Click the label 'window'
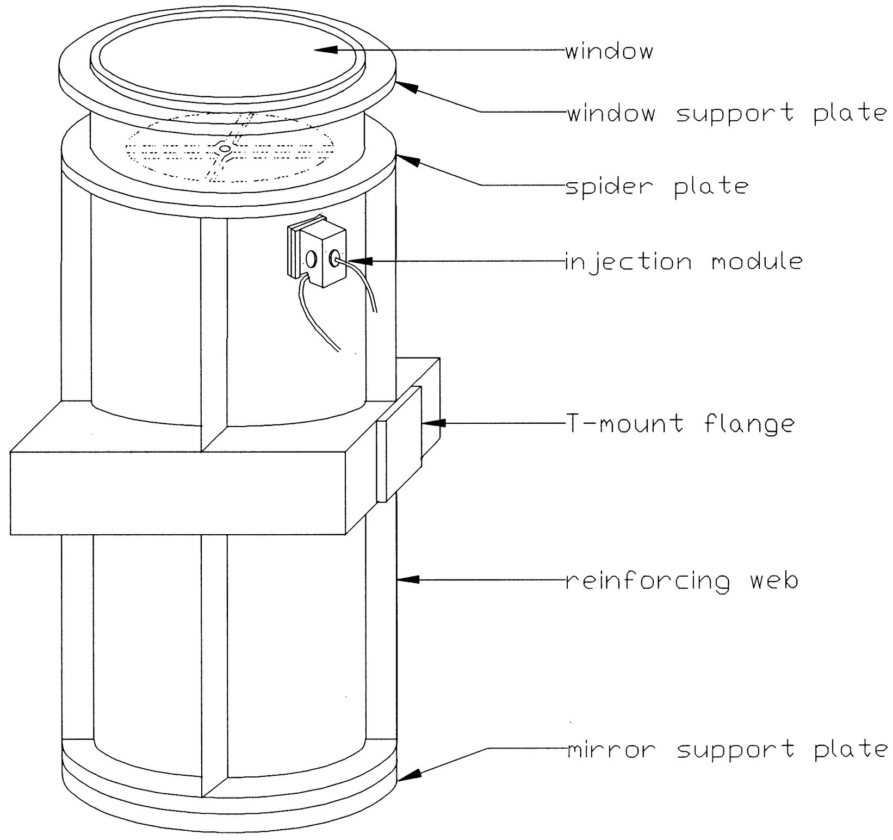[609, 52]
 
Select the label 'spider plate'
[657, 187]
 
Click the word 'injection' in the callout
[628, 262]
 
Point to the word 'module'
[756, 262]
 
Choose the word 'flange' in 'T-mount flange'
[749, 424]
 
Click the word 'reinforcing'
[647, 581]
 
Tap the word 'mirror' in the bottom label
[611, 750]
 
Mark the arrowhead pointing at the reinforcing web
[409, 580]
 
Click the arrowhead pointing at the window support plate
[408, 87]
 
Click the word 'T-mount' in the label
[624, 424]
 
